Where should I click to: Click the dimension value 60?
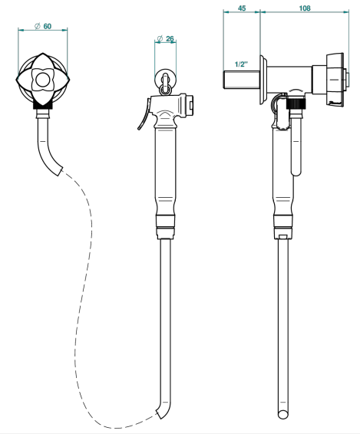point(48,26)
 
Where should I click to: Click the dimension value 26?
point(170,39)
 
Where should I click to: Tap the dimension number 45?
point(242,8)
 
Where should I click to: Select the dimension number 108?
point(305,8)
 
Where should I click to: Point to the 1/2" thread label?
point(241,64)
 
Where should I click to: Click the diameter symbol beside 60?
point(38,26)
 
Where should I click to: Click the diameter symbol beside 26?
point(160,39)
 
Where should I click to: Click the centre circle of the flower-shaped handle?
point(43,80)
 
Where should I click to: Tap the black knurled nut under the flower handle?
point(43,105)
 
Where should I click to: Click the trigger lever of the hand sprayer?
point(144,117)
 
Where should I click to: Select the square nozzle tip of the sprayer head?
point(190,104)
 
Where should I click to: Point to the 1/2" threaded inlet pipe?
point(241,80)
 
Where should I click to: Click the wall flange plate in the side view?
point(263,80)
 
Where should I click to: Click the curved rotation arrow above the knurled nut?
point(296,90)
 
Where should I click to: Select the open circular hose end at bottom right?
point(283,414)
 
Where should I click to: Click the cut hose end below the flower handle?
point(60,172)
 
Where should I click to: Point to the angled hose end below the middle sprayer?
point(159,413)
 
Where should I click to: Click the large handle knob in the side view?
point(335,80)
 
